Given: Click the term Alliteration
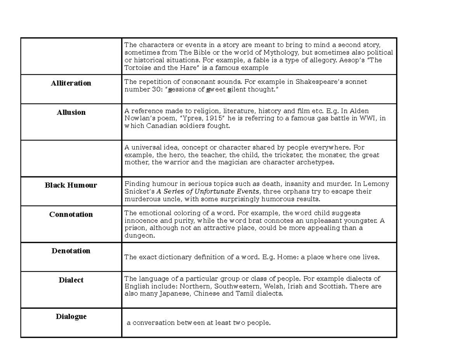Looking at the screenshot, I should tap(71, 83).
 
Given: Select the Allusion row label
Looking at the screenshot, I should tap(71, 112).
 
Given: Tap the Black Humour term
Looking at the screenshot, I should tap(71, 185).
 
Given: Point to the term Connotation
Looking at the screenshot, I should tap(71, 214).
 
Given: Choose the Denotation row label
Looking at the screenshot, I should tap(71, 251).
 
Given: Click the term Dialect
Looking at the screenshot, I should tap(71, 280).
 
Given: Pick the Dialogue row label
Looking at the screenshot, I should tap(71, 317).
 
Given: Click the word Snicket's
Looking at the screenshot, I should tap(139, 191).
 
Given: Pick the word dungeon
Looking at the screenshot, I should tap(139, 235).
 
